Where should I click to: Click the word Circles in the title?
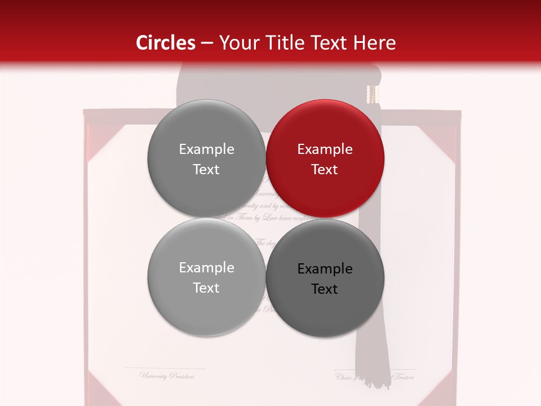(x=166, y=43)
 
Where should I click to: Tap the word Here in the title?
(x=375, y=43)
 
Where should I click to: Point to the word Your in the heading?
(x=237, y=43)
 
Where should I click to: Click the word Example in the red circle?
(x=325, y=149)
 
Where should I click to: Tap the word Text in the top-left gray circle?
(x=206, y=170)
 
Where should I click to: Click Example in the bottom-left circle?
(x=206, y=268)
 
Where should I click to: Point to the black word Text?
(x=325, y=289)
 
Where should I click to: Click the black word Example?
(x=325, y=269)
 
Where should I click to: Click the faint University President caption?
(x=167, y=376)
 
